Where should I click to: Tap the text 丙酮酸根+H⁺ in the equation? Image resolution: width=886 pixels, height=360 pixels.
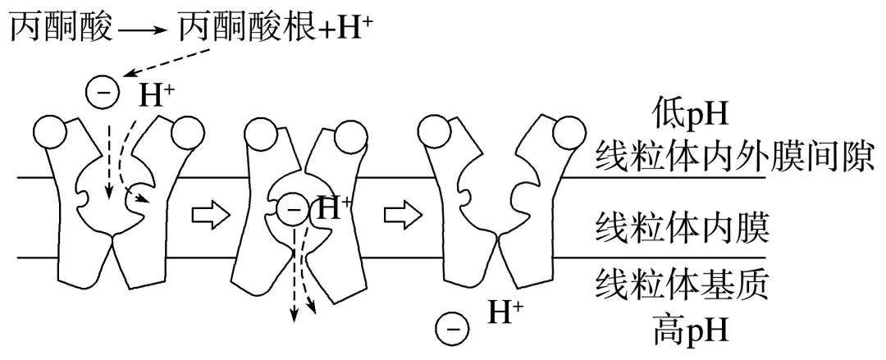[x=270, y=30]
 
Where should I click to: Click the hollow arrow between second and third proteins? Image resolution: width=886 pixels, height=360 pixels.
[x=402, y=215]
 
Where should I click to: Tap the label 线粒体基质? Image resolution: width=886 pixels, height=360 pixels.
[x=681, y=286]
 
